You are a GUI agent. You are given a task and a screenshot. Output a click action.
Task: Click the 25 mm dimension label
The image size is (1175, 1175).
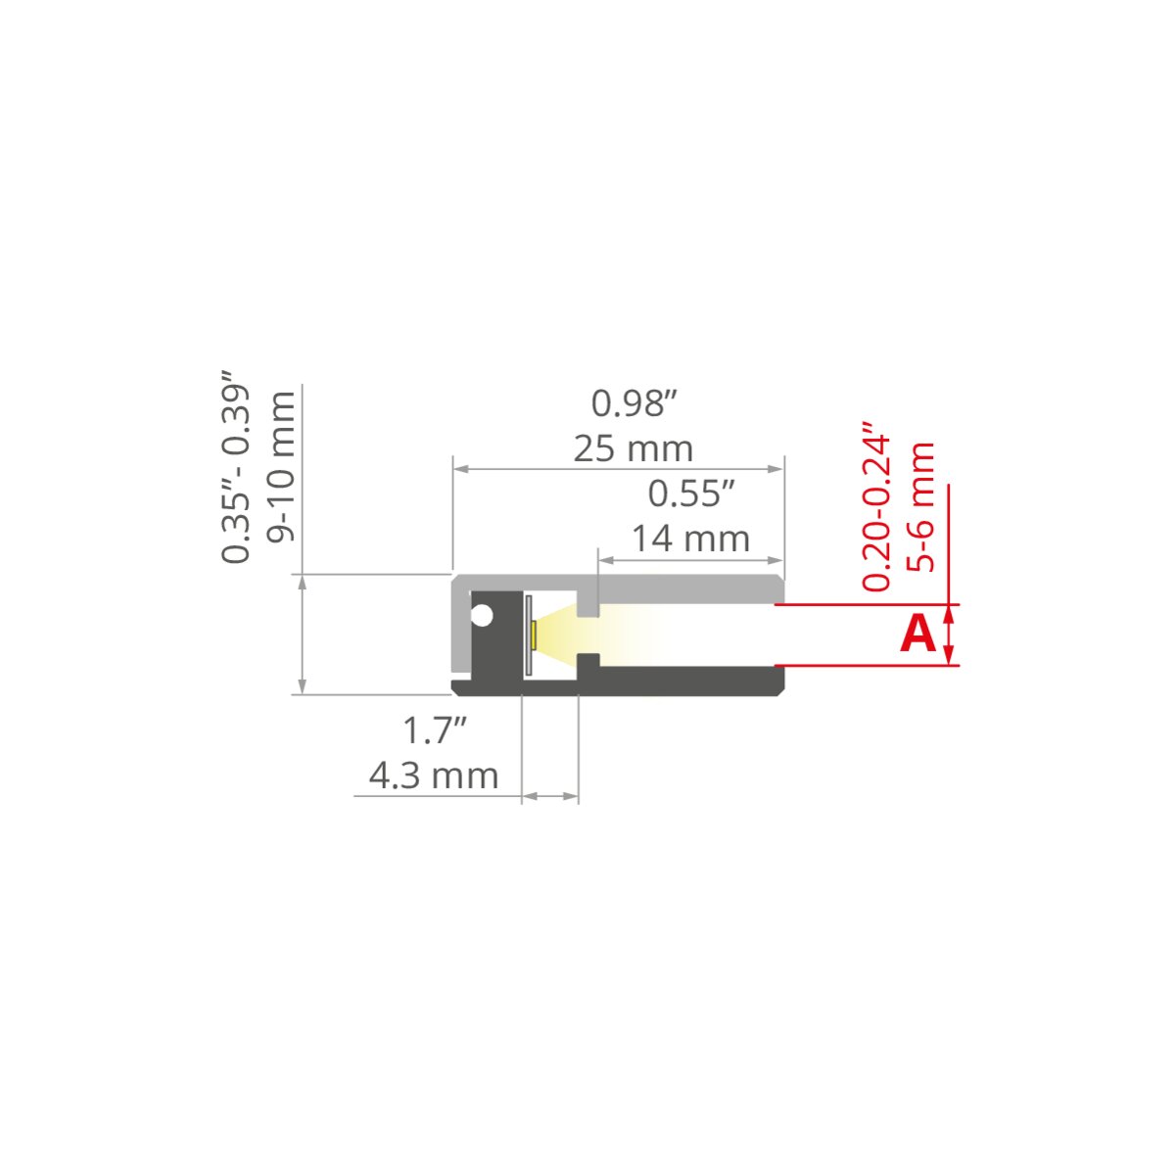(x=634, y=449)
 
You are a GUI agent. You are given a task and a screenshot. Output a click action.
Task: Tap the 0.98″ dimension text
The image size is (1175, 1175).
(x=634, y=403)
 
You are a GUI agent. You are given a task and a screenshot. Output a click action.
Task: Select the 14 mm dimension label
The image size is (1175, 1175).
(x=690, y=539)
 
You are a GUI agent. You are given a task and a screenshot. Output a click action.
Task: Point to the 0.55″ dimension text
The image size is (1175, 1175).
(x=691, y=493)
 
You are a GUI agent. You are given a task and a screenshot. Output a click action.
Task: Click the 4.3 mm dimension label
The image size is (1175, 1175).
(x=434, y=776)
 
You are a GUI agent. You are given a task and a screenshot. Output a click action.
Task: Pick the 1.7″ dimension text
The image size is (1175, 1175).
(x=435, y=730)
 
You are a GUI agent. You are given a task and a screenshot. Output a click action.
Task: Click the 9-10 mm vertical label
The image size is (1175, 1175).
(x=282, y=466)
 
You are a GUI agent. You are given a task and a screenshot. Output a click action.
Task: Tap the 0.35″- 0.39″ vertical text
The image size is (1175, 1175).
(x=235, y=466)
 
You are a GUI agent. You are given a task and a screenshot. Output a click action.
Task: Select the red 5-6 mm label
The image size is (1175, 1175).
(x=920, y=506)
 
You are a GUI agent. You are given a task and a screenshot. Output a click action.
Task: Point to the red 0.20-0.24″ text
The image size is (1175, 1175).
(x=875, y=505)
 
